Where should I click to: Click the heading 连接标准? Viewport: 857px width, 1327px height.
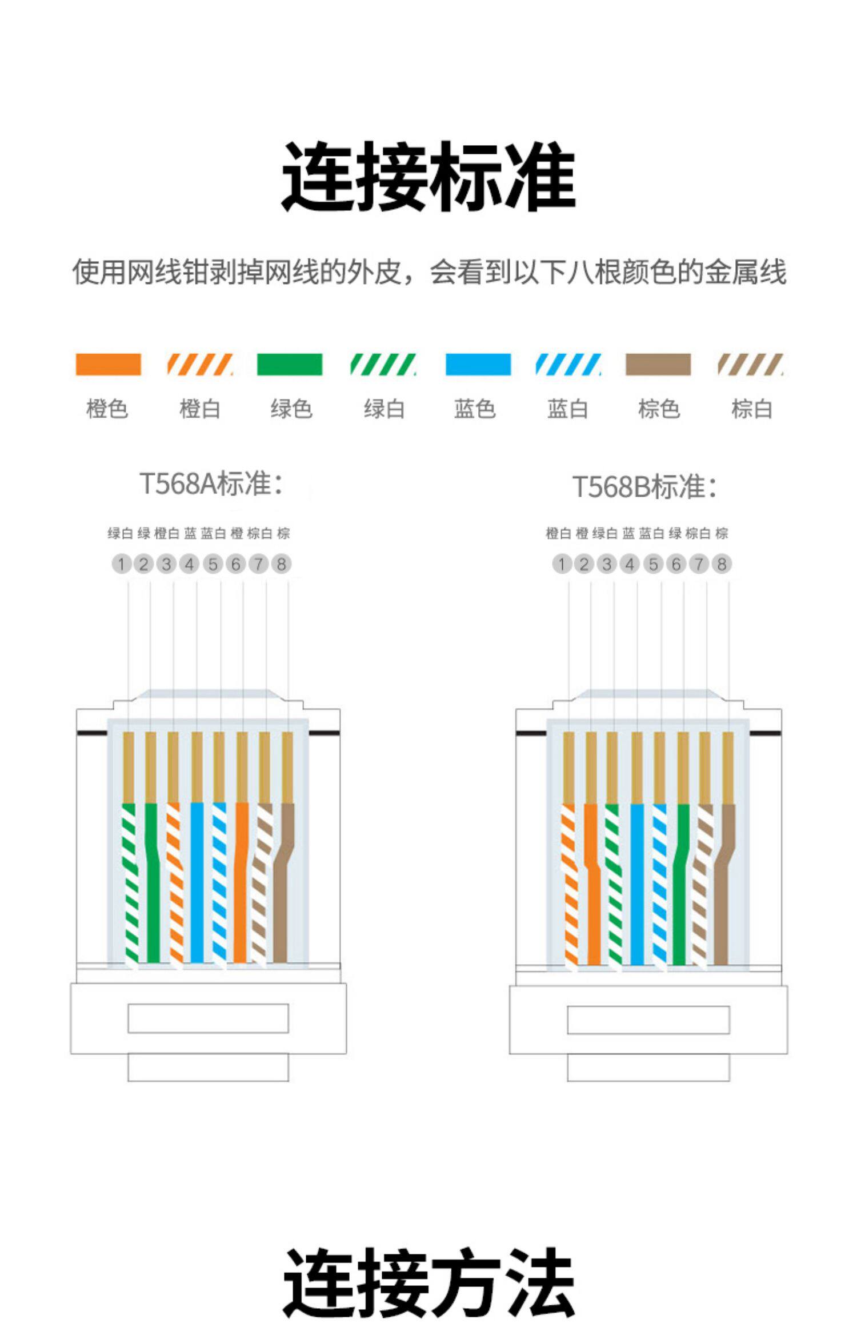[428, 177]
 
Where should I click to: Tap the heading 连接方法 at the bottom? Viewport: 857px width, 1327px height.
[428, 1283]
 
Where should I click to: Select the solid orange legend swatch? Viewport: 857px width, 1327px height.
[108, 365]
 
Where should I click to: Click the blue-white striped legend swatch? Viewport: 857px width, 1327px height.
[568, 365]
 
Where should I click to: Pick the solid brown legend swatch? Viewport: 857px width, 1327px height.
[658, 365]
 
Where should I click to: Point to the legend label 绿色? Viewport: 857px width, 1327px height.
[291, 409]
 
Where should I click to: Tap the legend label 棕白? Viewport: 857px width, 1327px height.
[752, 409]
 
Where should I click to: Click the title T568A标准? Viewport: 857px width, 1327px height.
[211, 484]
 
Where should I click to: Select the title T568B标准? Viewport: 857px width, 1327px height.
[644, 487]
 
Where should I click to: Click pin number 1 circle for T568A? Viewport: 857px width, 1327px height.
[121, 564]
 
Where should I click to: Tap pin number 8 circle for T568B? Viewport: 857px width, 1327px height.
[722, 564]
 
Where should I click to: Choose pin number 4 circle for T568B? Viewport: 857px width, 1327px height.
[630, 564]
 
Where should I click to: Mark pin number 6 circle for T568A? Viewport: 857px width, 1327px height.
[235, 564]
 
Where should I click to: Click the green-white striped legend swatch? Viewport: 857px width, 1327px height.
[383, 365]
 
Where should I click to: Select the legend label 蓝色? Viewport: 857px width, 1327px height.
[475, 409]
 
